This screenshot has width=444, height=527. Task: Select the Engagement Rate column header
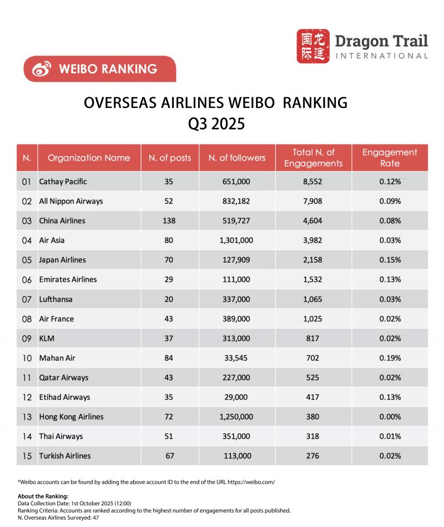[390, 158]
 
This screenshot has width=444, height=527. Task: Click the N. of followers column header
[237, 158]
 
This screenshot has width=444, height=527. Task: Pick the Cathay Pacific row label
[63, 182]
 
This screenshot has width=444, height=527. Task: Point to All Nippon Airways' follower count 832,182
[237, 201]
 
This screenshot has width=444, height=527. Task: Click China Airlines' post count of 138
[169, 221]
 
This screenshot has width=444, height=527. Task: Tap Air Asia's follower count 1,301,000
[237, 240]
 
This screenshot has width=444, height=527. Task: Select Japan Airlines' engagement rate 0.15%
[390, 260]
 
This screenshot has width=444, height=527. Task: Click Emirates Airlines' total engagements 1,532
[314, 280]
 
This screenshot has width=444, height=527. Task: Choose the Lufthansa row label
[56, 299]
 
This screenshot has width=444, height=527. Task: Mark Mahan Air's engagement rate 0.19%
[390, 358]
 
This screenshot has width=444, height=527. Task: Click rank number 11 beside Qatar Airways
[27, 377]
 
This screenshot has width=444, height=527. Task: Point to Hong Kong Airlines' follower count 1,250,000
[237, 417]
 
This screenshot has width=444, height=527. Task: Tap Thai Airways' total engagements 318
[314, 436]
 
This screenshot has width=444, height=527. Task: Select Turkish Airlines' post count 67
[169, 456]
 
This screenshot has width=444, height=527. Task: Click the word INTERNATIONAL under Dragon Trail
[382, 56]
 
